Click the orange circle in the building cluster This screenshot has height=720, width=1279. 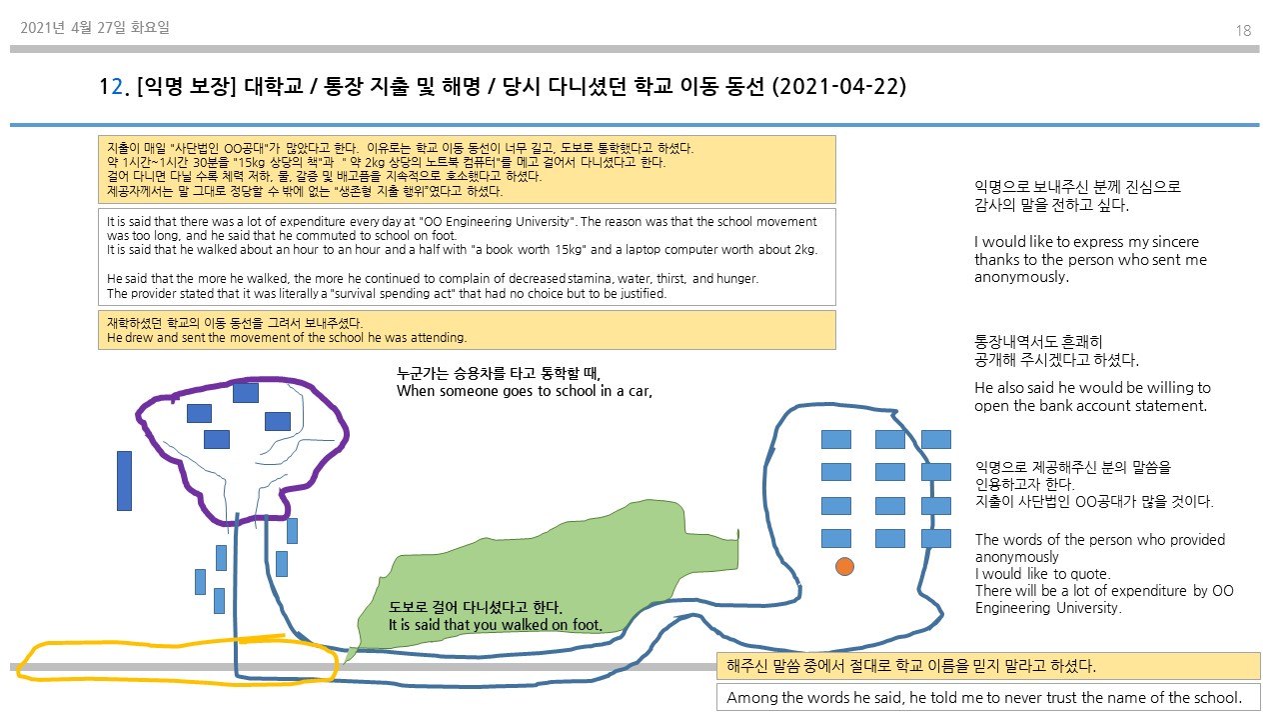coord(844,567)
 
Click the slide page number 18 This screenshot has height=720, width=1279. coord(1243,31)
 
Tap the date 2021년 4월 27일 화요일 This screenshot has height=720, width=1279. coord(95,28)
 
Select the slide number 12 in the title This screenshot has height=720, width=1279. coord(109,87)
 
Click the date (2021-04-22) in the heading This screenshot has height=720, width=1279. coord(839,87)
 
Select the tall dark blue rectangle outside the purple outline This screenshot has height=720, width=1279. coord(124,480)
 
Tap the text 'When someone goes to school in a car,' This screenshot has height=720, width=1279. coord(524,391)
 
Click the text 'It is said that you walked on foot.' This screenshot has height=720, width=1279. coord(495,625)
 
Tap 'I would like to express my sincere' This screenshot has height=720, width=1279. coord(1086,242)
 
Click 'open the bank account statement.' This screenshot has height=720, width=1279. coord(1090,406)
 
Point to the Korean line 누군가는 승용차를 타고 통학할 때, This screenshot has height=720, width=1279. coord(497,374)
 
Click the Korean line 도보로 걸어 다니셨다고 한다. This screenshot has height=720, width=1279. coord(476,607)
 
